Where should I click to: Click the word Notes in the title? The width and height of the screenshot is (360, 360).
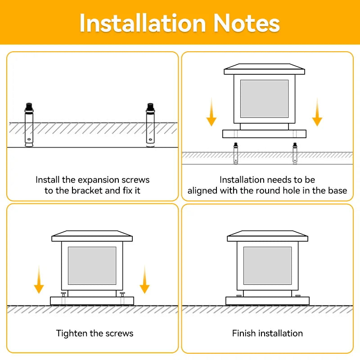(246, 22)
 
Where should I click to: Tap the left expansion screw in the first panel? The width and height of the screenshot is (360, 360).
(28, 125)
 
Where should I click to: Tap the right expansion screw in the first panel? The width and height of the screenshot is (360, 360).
(150, 125)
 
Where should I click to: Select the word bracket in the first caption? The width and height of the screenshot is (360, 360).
(87, 190)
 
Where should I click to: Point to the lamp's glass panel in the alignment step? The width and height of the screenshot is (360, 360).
(264, 99)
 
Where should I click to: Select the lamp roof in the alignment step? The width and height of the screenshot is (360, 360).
(264, 69)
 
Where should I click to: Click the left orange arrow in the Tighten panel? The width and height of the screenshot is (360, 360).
(39, 279)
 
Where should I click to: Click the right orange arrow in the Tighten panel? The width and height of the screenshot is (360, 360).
(144, 279)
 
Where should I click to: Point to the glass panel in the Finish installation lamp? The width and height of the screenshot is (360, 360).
(267, 265)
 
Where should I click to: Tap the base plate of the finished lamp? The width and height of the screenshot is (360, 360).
(267, 301)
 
